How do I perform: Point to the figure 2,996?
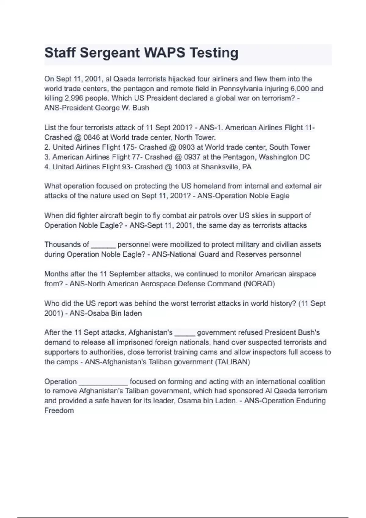(x=74, y=98)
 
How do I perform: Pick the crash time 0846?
(x=91, y=137)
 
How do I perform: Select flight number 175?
(x=128, y=147)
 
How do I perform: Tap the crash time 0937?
(x=192, y=157)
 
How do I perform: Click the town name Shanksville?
(x=220, y=167)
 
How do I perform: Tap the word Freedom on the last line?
(x=59, y=410)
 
